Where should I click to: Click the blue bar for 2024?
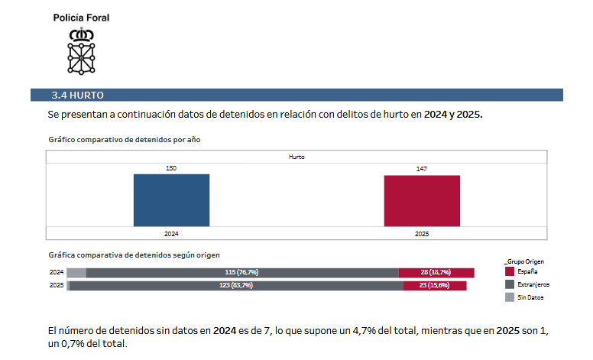[x=171, y=200]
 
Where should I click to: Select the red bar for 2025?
[x=422, y=201]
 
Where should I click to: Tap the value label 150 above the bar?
[x=171, y=168]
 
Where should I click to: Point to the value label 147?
[x=422, y=168]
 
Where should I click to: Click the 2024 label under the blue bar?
[x=171, y=233]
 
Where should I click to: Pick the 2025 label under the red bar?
[x=422, y=233]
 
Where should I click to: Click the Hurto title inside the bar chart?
[x=296, y=157]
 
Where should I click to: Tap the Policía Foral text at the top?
[x=81, y=18]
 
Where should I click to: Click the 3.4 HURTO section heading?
[x=77, y=96]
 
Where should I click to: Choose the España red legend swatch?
[x=510, y=271]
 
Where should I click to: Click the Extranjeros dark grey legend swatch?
[x=510, y=284]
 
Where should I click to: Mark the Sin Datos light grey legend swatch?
[x=510, y=297]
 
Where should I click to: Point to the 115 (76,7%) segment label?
[x=241, y=273]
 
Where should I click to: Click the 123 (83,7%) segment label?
[x=235, y=285]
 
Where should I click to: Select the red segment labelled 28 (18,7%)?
[x=436, y=273]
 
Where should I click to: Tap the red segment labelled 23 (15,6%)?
[x=434, y=285]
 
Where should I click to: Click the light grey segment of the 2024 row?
[x=76, y=273]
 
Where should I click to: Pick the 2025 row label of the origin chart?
[x=56, y=285]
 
